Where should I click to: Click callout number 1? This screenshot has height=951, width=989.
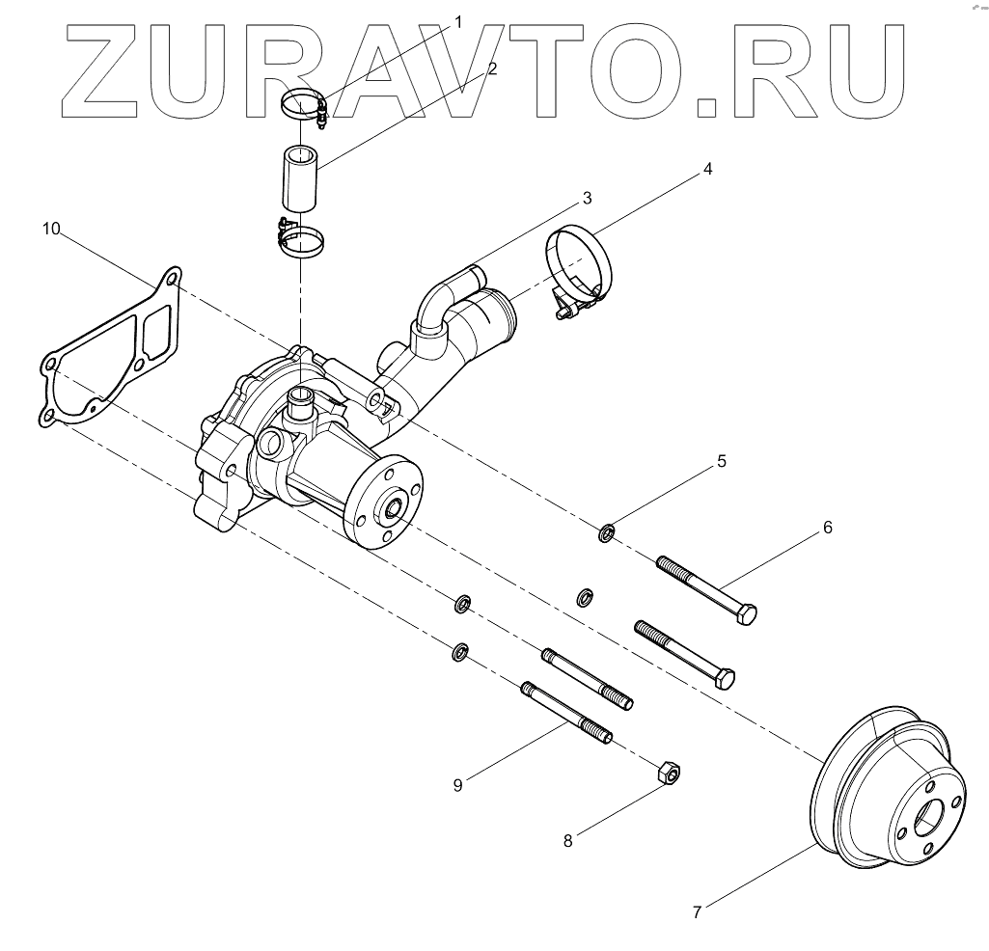458,20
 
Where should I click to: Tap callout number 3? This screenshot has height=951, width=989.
586,199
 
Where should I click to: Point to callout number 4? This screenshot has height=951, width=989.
707,169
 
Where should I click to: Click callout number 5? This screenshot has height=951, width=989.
721,461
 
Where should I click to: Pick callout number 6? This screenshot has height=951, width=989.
827,528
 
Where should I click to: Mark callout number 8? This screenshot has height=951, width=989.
568,841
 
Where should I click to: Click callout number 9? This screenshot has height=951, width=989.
457,785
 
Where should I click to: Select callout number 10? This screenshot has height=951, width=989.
52,229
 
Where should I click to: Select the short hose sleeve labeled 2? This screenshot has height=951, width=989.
300,177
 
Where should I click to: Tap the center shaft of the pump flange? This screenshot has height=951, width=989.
394,506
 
